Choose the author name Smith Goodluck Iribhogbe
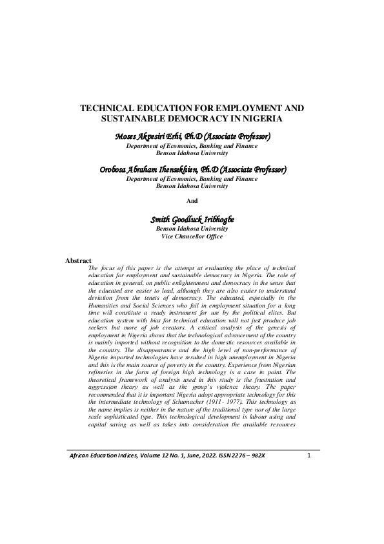click(x=192, y=220)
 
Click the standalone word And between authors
click(x=192, y=201)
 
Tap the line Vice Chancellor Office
click(x=192, y=236)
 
